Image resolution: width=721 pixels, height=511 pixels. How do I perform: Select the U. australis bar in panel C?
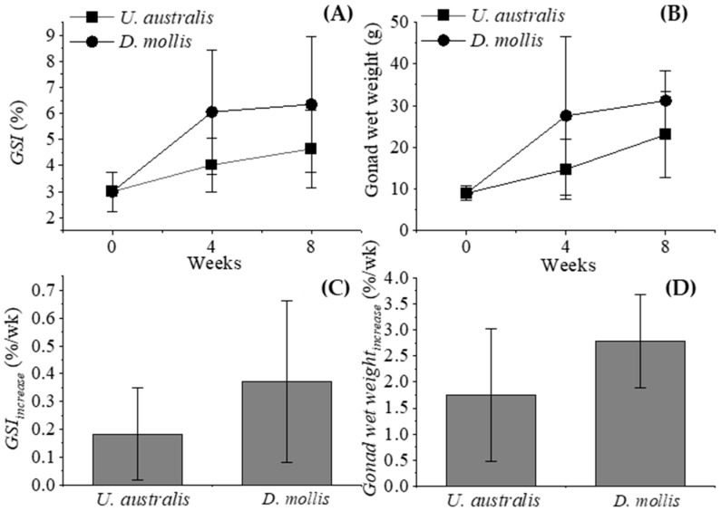pyautogui.click(x=138, y=459)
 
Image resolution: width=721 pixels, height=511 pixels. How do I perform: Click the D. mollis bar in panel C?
pyautogui.click(x=287, y=433)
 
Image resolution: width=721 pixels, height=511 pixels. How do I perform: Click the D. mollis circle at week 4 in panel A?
pyautogui.click(x=211, y=111)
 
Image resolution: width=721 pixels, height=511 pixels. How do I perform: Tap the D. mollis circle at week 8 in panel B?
pyautogui.click(x=665, y=101)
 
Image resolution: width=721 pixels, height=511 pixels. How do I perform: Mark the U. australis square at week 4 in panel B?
pyautogui.click(x=566, y=169)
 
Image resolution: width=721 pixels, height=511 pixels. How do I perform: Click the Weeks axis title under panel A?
pyautogui.click(x=211, y=264)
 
